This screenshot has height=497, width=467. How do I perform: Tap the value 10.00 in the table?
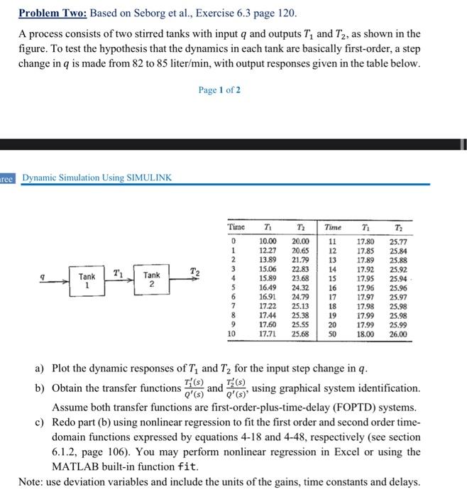click(267, 242)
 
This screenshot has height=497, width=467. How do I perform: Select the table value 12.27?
click(267, 251)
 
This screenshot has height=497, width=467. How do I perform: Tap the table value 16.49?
click(267, 288)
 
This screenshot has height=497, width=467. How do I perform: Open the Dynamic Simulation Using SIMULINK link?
click(97, 177)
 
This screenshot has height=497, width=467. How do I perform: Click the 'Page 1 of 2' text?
click(220, 90)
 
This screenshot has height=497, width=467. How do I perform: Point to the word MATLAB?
click(72, 466)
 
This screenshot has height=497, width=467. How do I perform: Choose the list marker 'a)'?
click(40, 369)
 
